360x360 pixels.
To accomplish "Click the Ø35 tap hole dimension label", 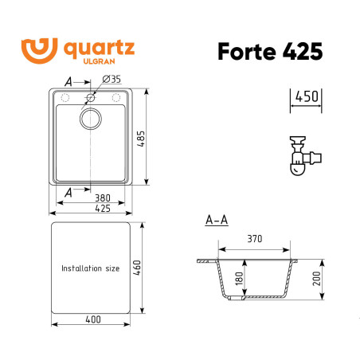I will tap(111, 80).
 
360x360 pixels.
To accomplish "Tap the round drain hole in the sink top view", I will tap(91, 119).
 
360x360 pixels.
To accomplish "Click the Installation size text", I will tap(90, 268).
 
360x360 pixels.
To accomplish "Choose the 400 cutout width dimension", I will tap(91, 319).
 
